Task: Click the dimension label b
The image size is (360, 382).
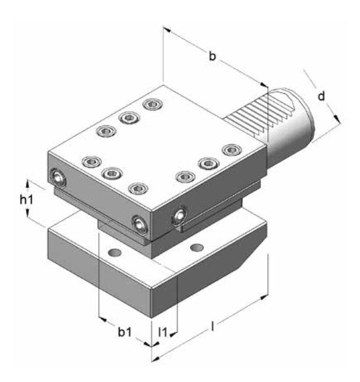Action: [x=212, y=56]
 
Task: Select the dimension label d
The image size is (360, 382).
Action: [x=321, y=96]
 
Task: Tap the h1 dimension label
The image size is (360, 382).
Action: [x=26, y=200]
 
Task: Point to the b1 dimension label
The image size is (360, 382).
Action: [x=125, y=332]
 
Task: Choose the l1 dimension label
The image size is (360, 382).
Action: [x=163, y=332]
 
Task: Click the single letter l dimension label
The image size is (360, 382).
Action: [x=212, y=326]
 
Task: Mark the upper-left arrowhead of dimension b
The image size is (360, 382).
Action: [x=167, y=30]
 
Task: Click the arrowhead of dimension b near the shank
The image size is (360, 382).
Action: [x=263, y=85]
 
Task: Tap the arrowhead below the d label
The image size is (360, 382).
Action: [x=337, y=118]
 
